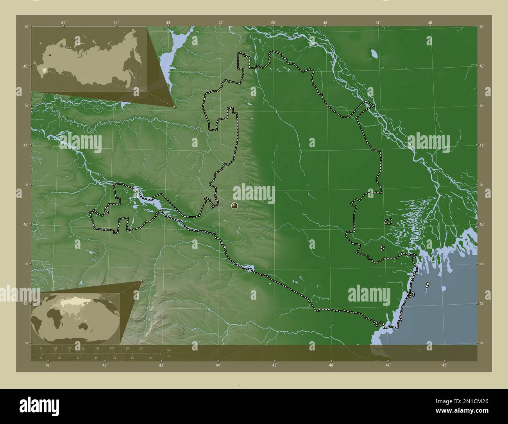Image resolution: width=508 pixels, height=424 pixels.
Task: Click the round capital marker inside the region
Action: pyautogui.click(x=234, y=205)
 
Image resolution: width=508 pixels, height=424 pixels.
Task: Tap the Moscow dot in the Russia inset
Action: pyautogui.click(x=50, y=55)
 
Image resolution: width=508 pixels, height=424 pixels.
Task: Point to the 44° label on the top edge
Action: pyautogui.click(x=221, y=23)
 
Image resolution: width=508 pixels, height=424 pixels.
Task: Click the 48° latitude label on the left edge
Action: pyautogui.click(x=25, y=66)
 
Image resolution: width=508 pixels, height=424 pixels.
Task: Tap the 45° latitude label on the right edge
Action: pyautogui.click(x=482, y=304)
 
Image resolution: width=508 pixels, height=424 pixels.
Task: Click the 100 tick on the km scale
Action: pyautogui.click(x=112, y=348)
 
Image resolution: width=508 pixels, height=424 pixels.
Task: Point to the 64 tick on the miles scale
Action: pyautogui.click(x=114, y=358)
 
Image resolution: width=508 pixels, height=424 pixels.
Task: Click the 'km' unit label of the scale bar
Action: pyautogui.click(x=168, y=350)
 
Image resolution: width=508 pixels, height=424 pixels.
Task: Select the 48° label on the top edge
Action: pyautogui.click(x=430, y=23)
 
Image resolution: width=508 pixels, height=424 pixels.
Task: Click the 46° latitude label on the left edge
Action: pyautogui.click(x=25, y=225)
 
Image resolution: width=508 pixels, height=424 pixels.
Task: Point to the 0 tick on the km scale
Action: pyautogui.click(x=41, y=348)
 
